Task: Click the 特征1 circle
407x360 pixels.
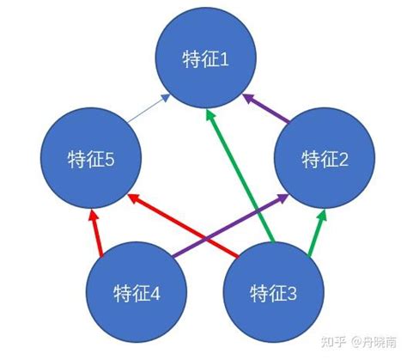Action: [206, 58]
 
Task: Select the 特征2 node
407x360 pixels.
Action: [325, 158]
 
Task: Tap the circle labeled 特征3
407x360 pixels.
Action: [274, 292]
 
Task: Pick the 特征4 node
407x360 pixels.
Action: [137, 292]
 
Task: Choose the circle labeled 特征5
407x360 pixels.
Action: [91, 158]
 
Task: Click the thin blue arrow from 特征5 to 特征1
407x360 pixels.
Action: [149, 108]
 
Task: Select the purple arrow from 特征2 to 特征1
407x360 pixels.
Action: [265, 108]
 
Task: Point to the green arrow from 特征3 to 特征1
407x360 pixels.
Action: [240, 177]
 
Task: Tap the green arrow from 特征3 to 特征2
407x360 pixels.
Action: [317, 233]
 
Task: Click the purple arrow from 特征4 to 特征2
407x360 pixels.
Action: [231, 225]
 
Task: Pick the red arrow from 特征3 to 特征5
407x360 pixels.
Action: [183, 226]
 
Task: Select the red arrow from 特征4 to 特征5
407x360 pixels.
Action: [95, 233]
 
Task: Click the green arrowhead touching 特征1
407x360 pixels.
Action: [210, 116]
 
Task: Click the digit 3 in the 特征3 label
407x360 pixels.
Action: [291, 293]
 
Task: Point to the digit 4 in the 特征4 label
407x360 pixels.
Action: [155, 293]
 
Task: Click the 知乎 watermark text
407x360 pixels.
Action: [333, 342]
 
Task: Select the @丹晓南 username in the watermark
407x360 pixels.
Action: [374, 342]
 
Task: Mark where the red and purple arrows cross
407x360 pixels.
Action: [207, 239]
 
